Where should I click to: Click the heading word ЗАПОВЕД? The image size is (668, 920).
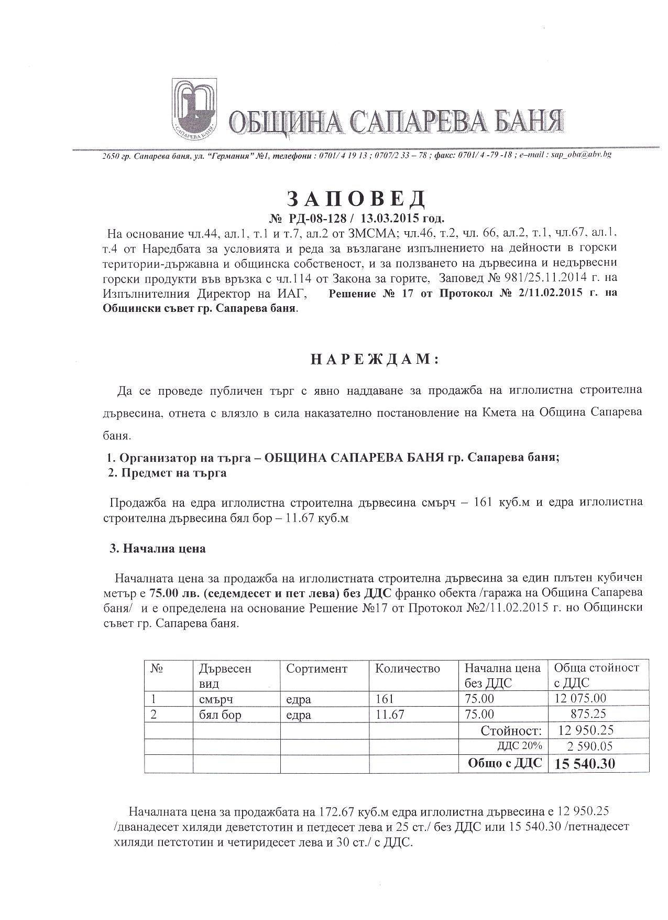click(356, 198)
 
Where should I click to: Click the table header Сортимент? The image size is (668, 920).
click(316, 668)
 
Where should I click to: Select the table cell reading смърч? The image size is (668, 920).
click(216, 699)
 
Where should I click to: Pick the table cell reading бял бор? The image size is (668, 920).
click(220, 715)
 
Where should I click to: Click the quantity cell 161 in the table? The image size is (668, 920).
click(385, 699)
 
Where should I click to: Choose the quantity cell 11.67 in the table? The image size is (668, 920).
click(390, 715)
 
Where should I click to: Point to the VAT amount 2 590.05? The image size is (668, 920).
click(589, 746)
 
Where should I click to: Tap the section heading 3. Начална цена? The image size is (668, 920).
click(157, 549)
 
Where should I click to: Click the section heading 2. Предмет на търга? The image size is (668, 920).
click(167, 473)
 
